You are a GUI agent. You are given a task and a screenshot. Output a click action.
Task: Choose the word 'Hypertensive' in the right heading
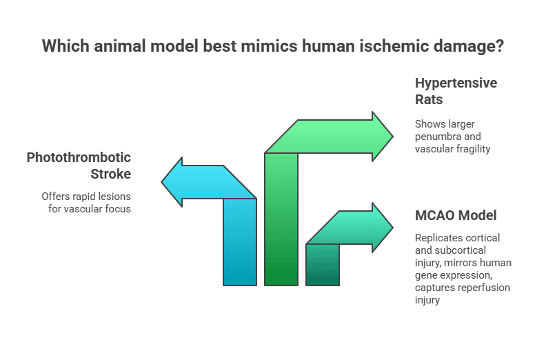click(x=456, y=83)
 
